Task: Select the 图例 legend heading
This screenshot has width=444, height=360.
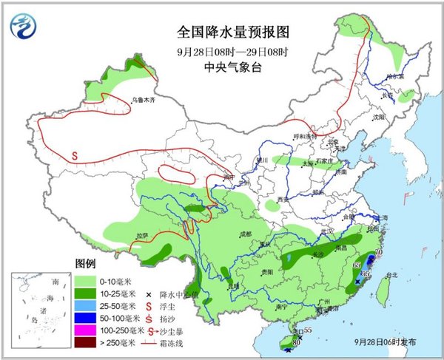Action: pos(86,263)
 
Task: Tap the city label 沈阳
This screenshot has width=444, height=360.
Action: pos(379,117)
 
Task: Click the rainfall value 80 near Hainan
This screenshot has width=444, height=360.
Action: pos(297,342)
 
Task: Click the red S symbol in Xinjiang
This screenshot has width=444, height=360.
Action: pos(75,156)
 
